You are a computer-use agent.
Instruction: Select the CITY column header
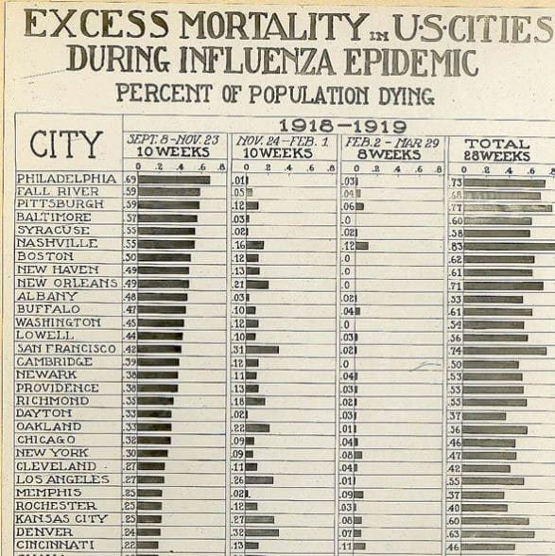[66, 145]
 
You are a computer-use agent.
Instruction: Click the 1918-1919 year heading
[341, 127]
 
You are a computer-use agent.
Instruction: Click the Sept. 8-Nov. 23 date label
[174, 138]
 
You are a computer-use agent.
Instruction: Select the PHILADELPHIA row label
[66, 179]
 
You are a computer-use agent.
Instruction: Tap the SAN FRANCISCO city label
[66, 349]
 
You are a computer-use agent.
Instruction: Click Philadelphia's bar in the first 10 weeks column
[174, 180]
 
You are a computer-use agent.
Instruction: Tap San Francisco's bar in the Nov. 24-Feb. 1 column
[262, 349]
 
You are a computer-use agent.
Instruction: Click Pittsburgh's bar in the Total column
[507, 206]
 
